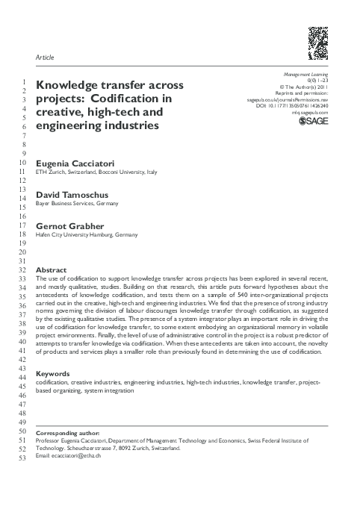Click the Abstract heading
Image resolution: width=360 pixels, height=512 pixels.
point(51,269)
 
